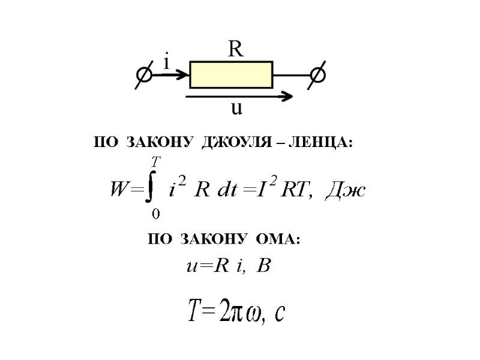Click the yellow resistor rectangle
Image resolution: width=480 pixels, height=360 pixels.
click(x=231, y=74)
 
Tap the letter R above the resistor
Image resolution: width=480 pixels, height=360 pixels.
click(x=236, y=49)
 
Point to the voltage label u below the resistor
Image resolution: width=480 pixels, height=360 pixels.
click(x=237, y=109)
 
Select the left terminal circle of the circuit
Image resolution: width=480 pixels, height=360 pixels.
click(x=145, y=75)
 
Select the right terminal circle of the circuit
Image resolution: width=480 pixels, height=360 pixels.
click(x=317, y=75)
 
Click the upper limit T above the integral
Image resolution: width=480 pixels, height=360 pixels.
click(x=156, y=162)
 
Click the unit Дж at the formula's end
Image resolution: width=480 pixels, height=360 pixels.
click(x=345, y=190)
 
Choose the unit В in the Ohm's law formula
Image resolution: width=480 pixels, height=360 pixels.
click(x=263, y=266)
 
